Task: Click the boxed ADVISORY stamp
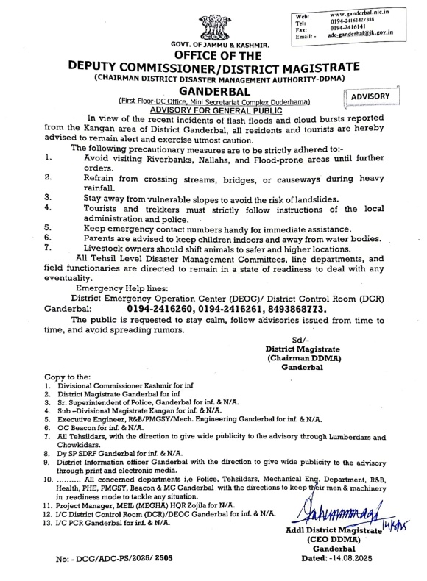[373, 96]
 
